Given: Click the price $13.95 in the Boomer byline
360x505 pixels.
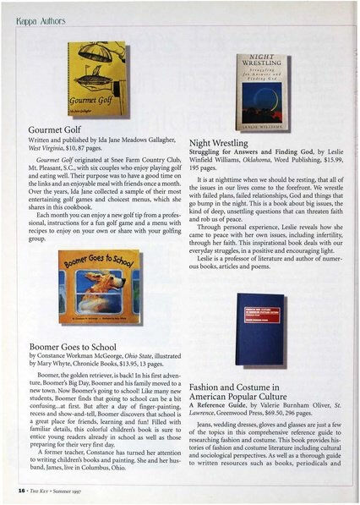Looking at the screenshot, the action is (161, 365).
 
